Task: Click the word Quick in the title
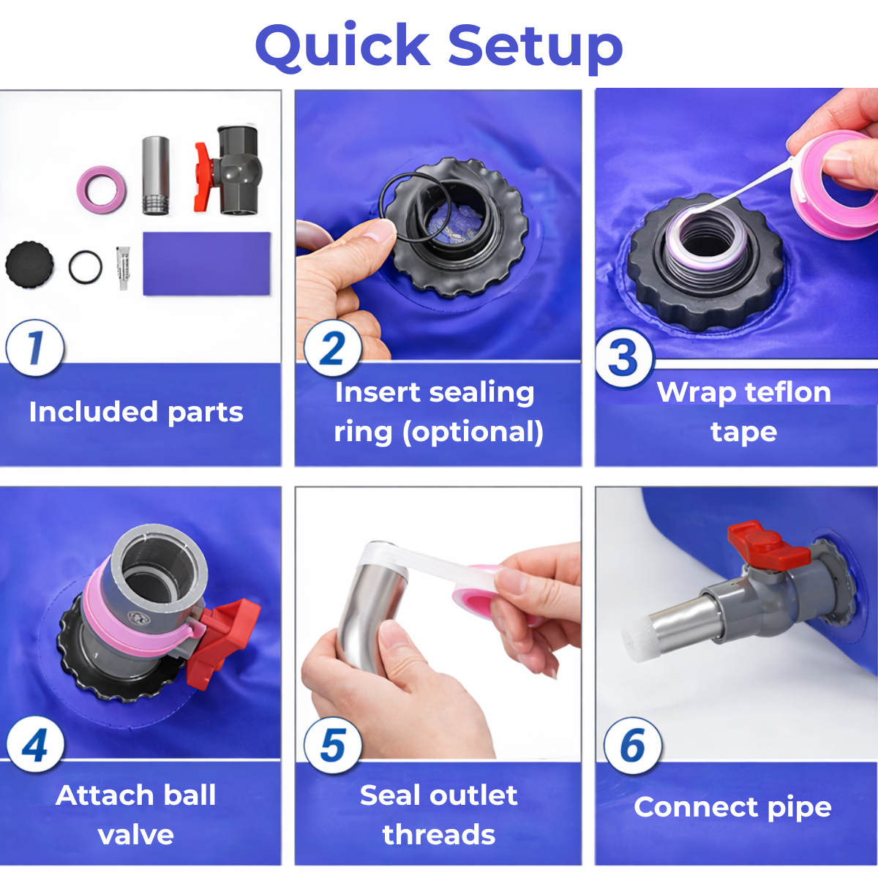342,47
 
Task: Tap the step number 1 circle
35,348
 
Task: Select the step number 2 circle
333,348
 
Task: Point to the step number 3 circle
624,357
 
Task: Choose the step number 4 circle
35,744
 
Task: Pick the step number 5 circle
333,744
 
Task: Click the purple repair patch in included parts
207,264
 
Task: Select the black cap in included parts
29,265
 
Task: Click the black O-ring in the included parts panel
85,267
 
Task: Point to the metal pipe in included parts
156,175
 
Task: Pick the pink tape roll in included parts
101,186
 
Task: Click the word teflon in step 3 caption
787,392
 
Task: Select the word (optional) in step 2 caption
473,432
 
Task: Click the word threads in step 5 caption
439,835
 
